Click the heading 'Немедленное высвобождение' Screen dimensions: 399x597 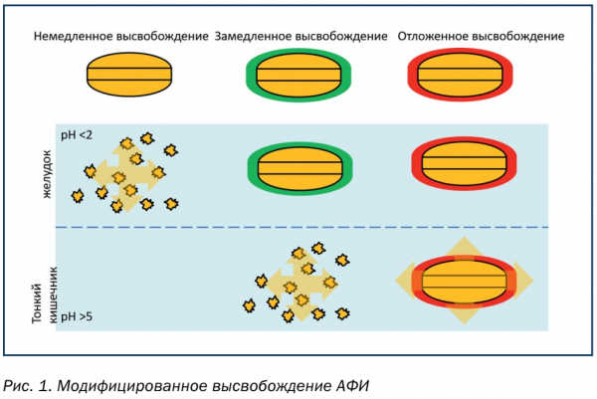pyautogui.click(x=120, y=36)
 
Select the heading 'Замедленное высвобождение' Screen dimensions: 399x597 pyautogui.click(x=300, y=36)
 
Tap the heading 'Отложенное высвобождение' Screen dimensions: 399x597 pyautogui.click(x=481, y=36)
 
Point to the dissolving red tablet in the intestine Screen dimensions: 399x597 pyautogui.click(x=464, y=280)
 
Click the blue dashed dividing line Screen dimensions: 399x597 pyautogui.click(x=298, y=227)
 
